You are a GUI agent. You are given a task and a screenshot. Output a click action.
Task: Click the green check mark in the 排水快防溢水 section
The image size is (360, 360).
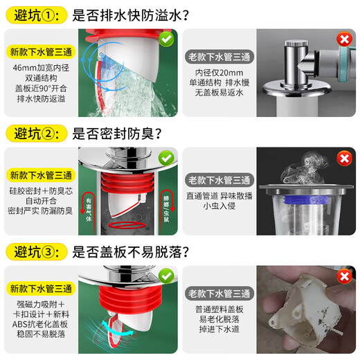point(166,41)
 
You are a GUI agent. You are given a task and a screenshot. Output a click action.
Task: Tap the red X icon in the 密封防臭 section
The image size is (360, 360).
point(343,159)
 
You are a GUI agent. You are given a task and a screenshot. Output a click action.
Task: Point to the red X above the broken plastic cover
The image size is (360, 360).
point(343,278)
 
